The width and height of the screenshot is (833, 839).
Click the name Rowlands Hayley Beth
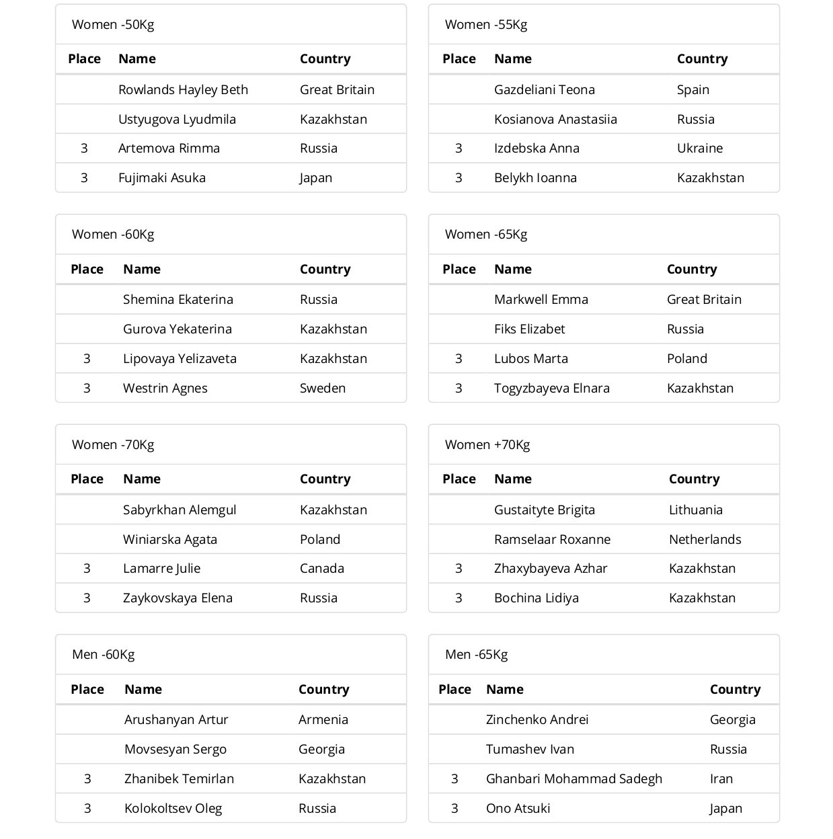point(183,89)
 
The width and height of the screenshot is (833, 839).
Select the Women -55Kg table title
point(485,25)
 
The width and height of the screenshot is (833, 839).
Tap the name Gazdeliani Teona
point(544,89)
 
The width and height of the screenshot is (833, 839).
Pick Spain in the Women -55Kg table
point(692,89)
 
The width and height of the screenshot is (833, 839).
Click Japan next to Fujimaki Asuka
point(315,178)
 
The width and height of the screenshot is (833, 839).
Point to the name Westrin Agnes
point(165,388)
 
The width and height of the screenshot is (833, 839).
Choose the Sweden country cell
point(322,388)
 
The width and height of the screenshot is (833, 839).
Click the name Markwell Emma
point(541,299)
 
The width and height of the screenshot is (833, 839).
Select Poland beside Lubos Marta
point(686,358)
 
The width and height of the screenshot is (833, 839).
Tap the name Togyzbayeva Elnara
point(551,388)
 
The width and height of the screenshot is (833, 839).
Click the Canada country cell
point(321,568)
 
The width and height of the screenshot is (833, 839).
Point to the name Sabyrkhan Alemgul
point(180,510)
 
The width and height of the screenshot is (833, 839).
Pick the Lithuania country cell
point(695,510)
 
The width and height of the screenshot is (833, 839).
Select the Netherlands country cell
point(705,539)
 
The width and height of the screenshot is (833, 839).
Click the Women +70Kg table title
point(487,444)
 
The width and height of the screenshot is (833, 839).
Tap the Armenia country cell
point(323,719)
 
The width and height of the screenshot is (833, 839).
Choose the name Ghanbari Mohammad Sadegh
point(573,778)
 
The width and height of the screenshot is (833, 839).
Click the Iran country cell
point(721,778)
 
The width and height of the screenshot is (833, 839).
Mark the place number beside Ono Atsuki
point(454,808)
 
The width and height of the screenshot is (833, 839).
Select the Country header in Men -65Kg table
point(735,689)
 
